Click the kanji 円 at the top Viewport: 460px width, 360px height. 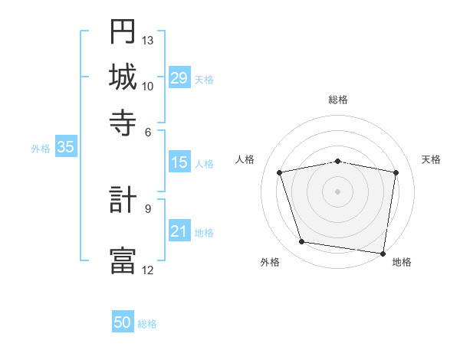pos(123,31)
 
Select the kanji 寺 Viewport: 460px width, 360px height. pos(123,121)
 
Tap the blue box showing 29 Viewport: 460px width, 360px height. pos(179,78)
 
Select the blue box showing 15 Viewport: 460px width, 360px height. pos(179,162)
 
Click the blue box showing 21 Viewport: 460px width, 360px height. pos(179,231)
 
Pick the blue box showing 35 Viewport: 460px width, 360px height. pos(65,148)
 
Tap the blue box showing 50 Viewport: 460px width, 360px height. pos(123,323)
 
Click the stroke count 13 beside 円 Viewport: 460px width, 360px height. pos(148,40)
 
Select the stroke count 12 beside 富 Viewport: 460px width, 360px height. pos(148,269)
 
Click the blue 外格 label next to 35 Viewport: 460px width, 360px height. pos(40,149)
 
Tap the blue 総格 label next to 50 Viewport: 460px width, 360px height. pos(147,324)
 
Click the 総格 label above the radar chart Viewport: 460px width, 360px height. pos(338,100)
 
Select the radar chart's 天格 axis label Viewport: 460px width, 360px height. pos(431,159)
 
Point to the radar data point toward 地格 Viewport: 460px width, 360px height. pos(383,254)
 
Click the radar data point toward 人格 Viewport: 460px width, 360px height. pos(280,172)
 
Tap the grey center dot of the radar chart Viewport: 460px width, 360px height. pos(338,191)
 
